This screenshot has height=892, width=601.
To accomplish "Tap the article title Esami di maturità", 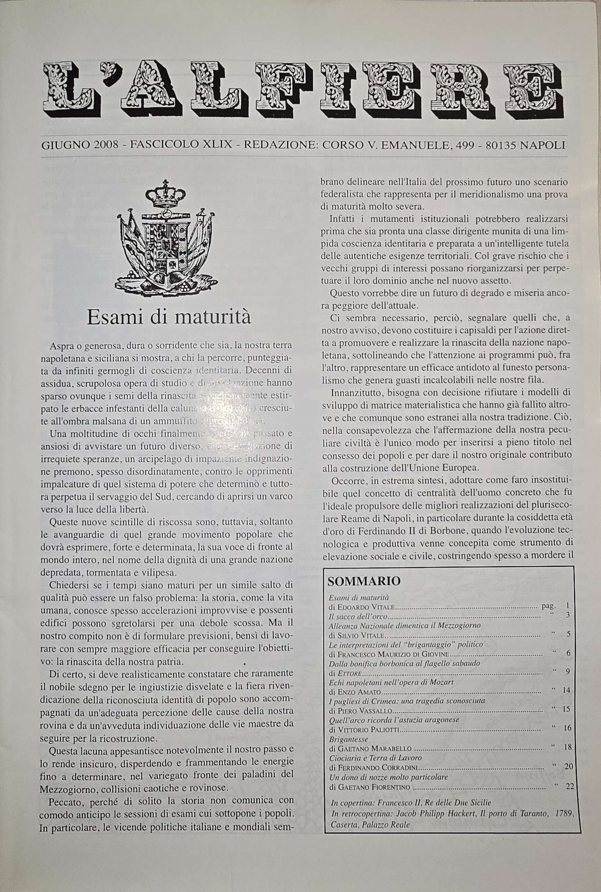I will pos(169,317).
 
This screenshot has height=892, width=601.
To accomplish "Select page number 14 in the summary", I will pos(566,690).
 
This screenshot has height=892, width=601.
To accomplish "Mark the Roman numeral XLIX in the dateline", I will pos(217,145).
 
